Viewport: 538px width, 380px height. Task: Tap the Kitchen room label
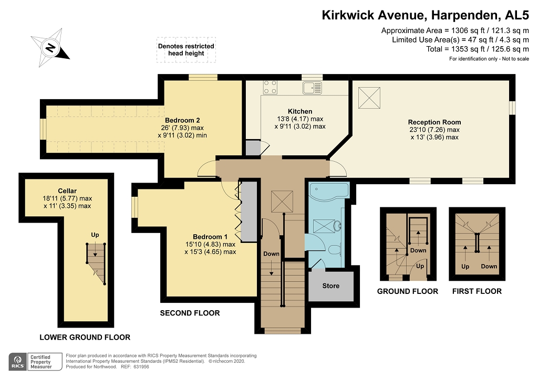300,111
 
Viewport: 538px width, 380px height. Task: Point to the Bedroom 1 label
210,236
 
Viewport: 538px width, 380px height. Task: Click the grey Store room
331,286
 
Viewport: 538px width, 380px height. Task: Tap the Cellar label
67,191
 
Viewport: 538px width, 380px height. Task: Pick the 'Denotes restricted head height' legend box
186,50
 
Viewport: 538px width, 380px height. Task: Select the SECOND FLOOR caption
190,313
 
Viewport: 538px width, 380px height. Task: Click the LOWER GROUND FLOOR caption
85,337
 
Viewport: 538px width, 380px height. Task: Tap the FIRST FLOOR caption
477,291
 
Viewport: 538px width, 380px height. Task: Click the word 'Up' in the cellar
95,235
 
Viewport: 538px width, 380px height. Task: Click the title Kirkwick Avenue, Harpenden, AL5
425,15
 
